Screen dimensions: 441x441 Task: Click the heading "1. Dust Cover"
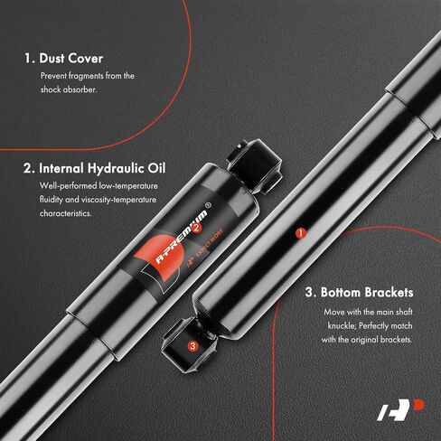click(x=63, y=59)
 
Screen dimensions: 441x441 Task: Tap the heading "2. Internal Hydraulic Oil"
click(x=95, y=168)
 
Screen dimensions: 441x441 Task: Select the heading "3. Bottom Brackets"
click(x=359, y=292)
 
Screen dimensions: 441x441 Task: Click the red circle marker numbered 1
click(x=300, y=233)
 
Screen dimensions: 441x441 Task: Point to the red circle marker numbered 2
click(x=196, y=228)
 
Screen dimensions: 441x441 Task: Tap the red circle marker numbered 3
click(x=192, y=346)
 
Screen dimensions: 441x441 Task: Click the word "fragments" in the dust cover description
click(x=86, y=76)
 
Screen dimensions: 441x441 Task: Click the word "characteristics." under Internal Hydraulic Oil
click(x=66, y=213)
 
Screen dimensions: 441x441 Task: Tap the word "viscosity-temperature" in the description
click(x=118, y=200)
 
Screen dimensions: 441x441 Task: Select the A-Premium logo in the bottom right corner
click(x=400, y=409)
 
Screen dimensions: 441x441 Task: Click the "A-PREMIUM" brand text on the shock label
click(x=182, y=238)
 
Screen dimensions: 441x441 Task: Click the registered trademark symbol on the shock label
click(x=208, y=206)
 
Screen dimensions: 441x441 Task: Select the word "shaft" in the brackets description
click(x=404, y=312)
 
